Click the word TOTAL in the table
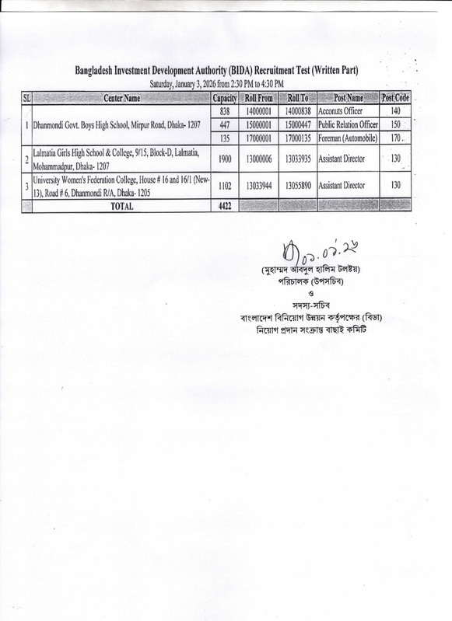point(121,207)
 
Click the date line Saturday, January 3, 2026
point(216,83)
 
